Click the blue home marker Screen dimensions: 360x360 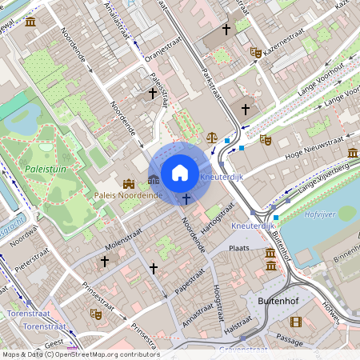tap(180, 172)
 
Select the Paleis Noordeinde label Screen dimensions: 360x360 tap(128, 195)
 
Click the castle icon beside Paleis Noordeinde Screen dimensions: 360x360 tap(128, 183)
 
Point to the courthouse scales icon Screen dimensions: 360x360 tap(212, 137)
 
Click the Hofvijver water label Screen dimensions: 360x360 tap(322, 214)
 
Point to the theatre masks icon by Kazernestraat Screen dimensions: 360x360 tap(256, 53)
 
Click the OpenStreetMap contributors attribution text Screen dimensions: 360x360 tap(80, 354)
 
